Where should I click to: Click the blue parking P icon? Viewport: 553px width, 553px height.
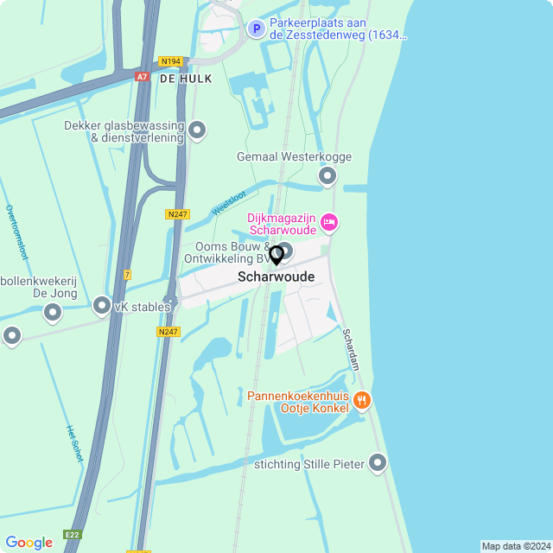click(x=256, y=29)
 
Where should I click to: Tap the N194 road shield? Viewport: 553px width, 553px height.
click(x=170, y=61)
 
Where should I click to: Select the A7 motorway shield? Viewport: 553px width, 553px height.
click(x=142, y=77)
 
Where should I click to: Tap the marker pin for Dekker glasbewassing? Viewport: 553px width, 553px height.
click(x=197, y=130)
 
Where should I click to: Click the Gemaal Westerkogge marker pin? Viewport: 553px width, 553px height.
click(x=327, y=177)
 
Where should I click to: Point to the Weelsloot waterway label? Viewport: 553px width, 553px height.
click(x=229, y=204)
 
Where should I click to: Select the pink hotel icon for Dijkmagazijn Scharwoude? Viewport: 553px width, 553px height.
click(x=328, y=224)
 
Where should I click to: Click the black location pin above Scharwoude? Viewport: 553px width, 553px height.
click(x=276, y=256)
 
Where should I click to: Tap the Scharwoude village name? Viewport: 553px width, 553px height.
click(x=276, y=277)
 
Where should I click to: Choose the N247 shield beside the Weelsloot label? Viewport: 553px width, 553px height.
click(x=177, y=213)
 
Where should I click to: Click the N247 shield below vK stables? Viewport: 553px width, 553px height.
click(x=168, y=332)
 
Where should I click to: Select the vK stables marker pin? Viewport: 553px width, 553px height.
click(x=102, y=307)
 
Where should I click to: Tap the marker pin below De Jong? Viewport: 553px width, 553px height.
click(x=53, y=313)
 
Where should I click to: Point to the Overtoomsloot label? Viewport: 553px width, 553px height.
click(x=17, y=232)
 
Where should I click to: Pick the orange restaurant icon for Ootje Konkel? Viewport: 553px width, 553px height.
click(x=362, y=401)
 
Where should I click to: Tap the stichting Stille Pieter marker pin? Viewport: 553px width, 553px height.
click(x=378, y=464)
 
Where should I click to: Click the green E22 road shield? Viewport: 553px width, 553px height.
click(x=72, y=535)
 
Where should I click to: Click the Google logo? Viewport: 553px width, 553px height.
click(x=29, y=542)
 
